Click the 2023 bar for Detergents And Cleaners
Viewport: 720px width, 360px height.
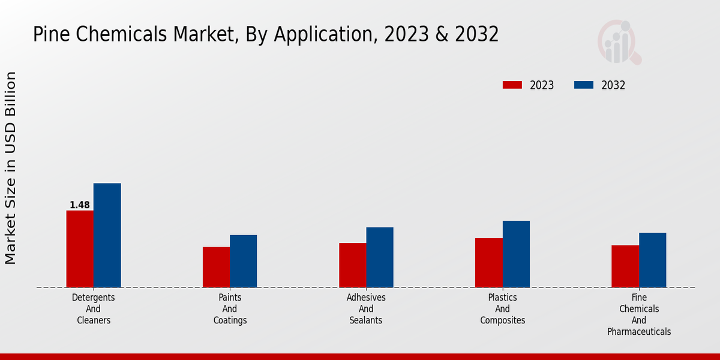(x=80, y=249)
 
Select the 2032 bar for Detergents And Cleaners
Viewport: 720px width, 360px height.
(x=107, y=235)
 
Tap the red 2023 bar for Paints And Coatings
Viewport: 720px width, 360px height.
(x=216, y=267)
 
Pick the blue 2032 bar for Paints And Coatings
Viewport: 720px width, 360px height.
(x=243, y=261)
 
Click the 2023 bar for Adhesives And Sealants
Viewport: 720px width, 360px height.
(x=352, y=265)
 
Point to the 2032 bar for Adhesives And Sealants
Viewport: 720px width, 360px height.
(x=380, y=257)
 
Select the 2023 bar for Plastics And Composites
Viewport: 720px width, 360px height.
(x=488, y=263)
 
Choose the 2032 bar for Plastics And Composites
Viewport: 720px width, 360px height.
(x=516, y=254)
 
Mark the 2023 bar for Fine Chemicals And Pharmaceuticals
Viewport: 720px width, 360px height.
(x=625, y=266)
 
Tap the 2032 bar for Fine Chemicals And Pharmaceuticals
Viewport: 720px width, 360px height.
(x=652, y=260)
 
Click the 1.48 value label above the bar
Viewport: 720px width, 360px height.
(x=80, y=205)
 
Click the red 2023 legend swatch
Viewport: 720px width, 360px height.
(x=512, y=85)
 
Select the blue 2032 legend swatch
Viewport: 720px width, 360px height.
(x=584, y=85)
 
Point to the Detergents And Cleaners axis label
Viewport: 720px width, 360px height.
(x=94, y=308)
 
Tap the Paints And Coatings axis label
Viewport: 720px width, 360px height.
(x=230, y=308)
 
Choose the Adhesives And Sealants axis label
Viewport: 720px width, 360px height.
(x=366, y=308)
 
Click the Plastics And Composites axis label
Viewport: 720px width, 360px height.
(x=502, y=308)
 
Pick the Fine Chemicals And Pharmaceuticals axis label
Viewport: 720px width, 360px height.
(x=638, y=314)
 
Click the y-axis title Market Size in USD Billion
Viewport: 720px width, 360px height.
(x=11, y=168)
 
